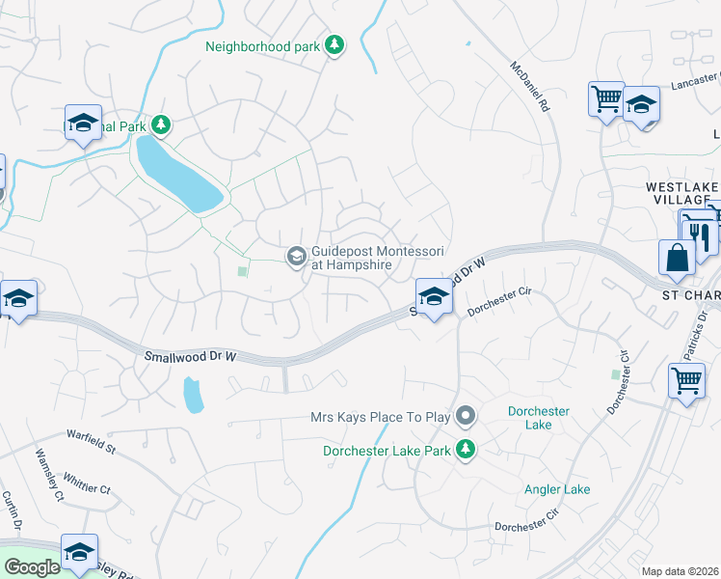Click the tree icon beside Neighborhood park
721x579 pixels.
[x=334, y=45]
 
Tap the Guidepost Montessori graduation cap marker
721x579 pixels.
[x=296, y=256]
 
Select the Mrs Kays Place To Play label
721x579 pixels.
[x=380, y=417]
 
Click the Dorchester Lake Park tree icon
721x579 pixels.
[x=466, y=449]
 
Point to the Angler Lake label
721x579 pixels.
[x=557, y=489]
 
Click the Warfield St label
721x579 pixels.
[x=91, y=443]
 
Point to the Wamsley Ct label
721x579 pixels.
[x=47, y=474]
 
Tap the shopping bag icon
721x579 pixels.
[x=677, y=258]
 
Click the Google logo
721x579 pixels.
[x=32, y=567]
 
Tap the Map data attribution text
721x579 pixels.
[x=680, y=571]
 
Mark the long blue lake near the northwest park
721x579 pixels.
[x=179, y=174]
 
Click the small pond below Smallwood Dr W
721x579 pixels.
[x=193, y=393]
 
